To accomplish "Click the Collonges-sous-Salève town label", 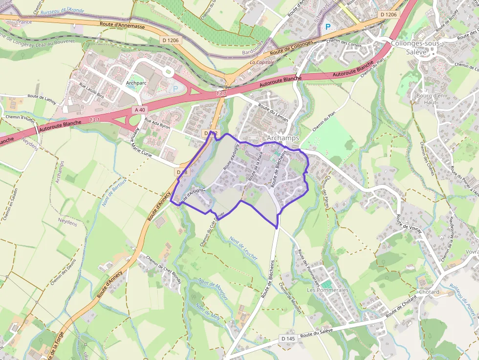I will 416,47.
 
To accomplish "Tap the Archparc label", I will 136,83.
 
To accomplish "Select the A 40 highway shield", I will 140,110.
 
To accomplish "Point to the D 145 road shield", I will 288,338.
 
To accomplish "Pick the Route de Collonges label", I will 291,47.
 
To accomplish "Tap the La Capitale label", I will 262,63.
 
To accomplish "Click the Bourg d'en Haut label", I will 430,99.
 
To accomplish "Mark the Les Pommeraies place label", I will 327,290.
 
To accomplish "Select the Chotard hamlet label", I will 429,292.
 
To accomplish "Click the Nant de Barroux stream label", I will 114,191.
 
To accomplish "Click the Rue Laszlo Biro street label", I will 91,90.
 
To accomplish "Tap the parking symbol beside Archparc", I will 176,89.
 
